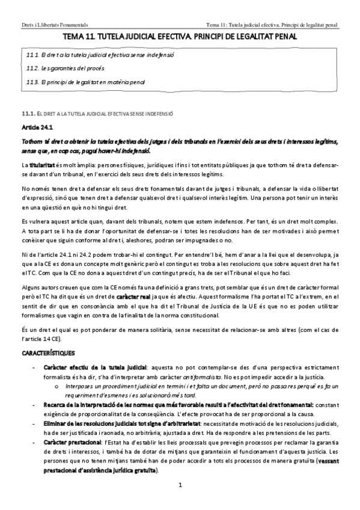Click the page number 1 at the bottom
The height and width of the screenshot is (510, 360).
pyautogui.click(x=179, y=485)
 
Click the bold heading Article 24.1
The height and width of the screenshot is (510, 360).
pyautogui.click(x=37, y=127)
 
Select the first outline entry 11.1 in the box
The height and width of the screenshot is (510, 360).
pyautogui.click(x=100, y=55)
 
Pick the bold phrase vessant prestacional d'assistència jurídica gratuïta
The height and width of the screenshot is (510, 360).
pyautogui.click(x=102, y=470)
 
